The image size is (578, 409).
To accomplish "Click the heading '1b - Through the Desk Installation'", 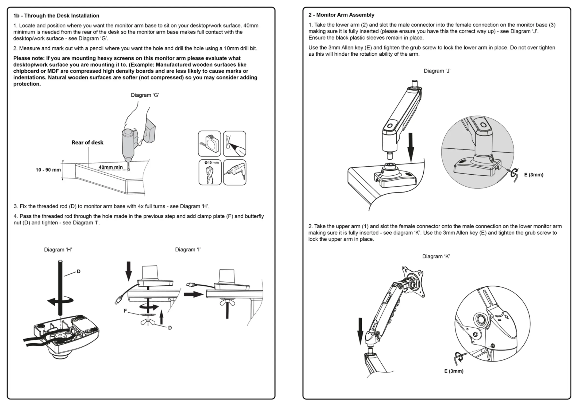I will pos(56,16).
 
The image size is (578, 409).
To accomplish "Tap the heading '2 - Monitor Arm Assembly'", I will pos(341,15).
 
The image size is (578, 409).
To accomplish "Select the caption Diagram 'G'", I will pos(145,95).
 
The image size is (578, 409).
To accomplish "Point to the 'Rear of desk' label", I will pos(87,143).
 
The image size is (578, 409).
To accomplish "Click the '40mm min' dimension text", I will pos(110,167).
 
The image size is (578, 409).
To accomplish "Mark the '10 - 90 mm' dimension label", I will pos(48,170).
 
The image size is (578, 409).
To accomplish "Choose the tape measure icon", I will pos(209,144).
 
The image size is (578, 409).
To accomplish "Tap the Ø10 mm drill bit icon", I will pos(210,172).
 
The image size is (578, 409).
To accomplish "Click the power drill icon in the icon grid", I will pos(235,172).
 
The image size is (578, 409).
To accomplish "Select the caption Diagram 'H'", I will pos(58,250).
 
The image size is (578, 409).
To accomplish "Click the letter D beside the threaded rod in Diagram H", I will pos(79,272).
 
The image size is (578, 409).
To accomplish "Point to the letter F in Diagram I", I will pos(125,311).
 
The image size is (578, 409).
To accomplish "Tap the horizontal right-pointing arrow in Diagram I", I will pos(193,294).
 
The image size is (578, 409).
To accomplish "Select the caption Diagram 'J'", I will pos(437,71).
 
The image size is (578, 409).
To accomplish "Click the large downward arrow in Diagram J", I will pos(410,148).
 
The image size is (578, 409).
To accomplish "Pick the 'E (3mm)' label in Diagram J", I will pos(534,175).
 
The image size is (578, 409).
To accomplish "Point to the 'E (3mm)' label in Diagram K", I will pos(454,371).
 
